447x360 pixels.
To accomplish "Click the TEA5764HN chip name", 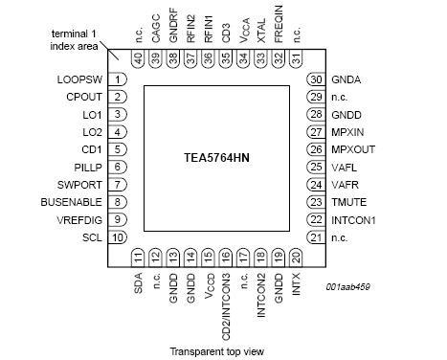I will [217, 155].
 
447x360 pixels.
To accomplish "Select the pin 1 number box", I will [118, 79].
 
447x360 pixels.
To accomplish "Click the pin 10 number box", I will [118, 236].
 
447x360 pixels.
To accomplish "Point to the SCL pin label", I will [91, 236].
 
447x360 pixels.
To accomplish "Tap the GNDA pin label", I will [347, 79].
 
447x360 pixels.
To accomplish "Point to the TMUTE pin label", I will [350, 202].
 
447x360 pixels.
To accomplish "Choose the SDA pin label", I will [139, 284].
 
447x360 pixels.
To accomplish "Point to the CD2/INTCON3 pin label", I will [226, 301].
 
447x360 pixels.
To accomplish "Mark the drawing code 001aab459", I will [349, 287].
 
